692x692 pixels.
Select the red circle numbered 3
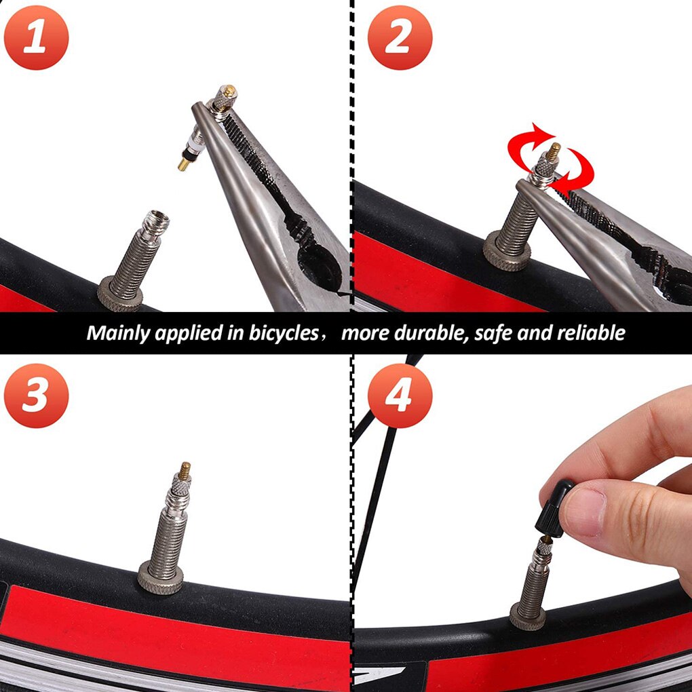(x=36, y=396)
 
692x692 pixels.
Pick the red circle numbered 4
(x=400, y=396)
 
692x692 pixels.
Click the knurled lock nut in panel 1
(x=120, y=293)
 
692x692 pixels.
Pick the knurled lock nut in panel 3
(x=161, y=577)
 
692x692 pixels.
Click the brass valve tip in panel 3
(x=185, y=469)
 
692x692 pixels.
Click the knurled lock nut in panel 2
(x=506, y=256)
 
